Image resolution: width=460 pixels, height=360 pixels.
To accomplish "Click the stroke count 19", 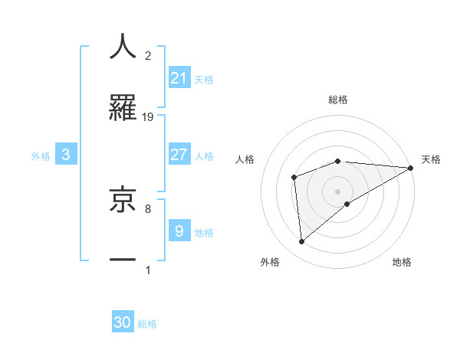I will coord(148,116).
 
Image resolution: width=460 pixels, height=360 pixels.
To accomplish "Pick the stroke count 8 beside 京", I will coord(148,208).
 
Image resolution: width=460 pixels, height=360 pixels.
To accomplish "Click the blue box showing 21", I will coord(179,77).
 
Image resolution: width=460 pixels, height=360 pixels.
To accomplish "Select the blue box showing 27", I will coord(179,155).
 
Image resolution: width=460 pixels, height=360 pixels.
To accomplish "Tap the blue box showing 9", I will coord(179,230).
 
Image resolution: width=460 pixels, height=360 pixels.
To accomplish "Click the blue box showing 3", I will coord(66,155).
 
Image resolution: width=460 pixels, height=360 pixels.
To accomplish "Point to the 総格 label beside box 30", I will coord(147,324).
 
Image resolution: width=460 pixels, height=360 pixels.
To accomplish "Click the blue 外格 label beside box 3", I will coord(41,155).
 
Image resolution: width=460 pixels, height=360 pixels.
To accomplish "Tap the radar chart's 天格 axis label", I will coord(431,159).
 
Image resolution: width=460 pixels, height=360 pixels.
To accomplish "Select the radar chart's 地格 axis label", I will coord(402,262).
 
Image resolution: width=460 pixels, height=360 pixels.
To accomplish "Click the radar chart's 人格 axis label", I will coord(245,159).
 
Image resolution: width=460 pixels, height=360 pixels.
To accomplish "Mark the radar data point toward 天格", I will coord(410,168).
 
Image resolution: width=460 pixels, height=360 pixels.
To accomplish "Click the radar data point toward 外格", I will coord(301,242).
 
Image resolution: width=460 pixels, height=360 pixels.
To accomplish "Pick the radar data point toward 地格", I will coord(348,204).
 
